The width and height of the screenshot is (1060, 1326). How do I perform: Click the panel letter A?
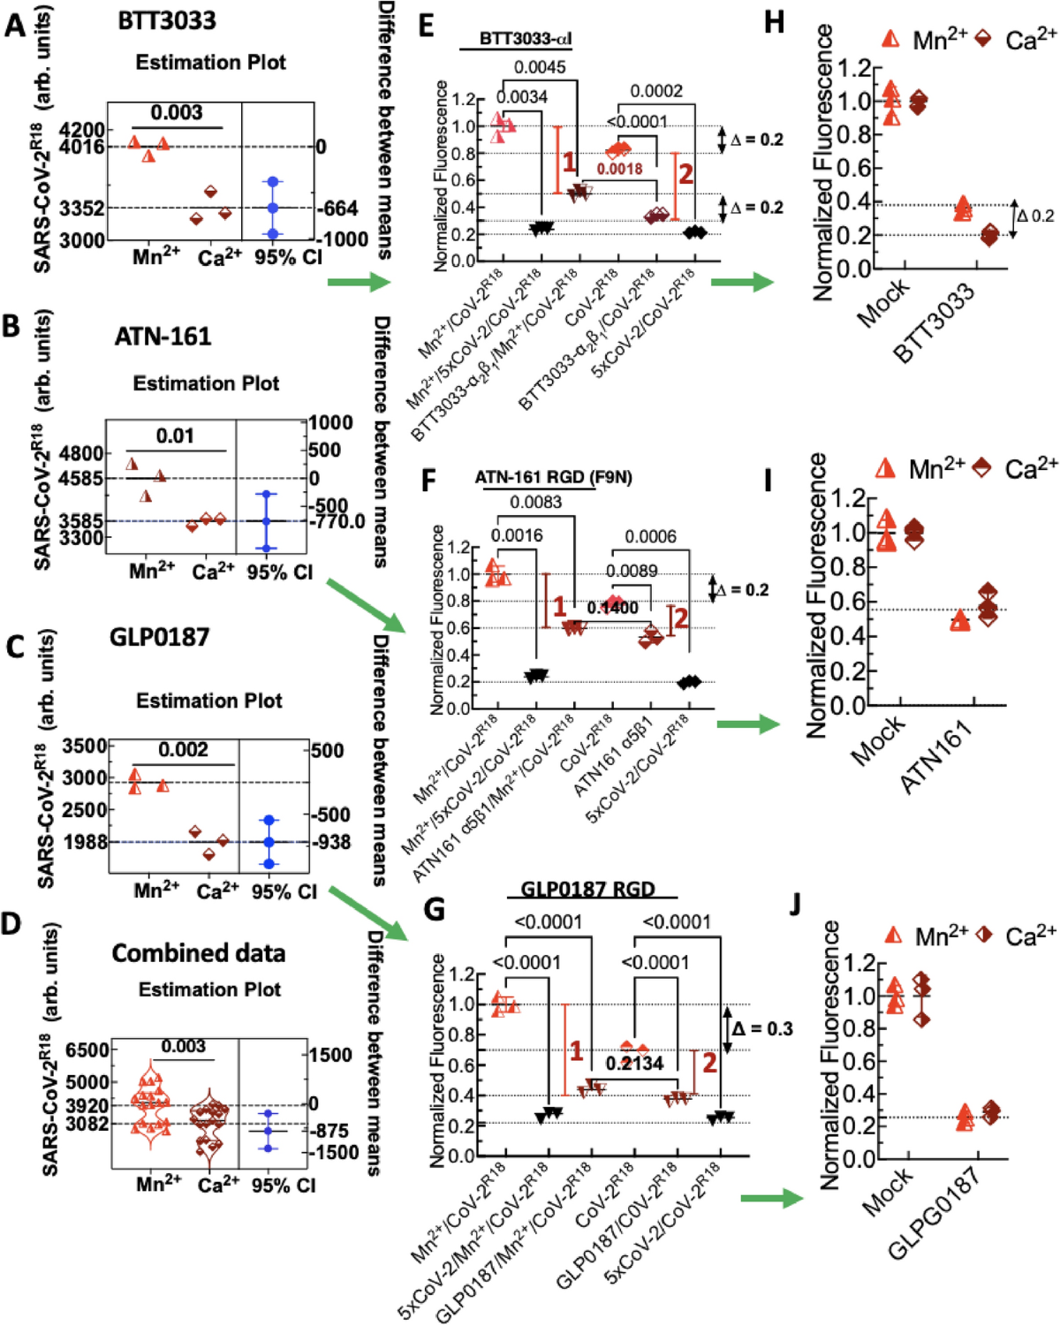pos(15,26)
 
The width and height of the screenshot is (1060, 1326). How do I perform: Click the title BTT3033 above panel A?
pos(167,20)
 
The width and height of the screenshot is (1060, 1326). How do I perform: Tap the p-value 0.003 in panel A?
pos(176,112)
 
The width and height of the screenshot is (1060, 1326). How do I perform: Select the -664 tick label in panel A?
pos(337,208)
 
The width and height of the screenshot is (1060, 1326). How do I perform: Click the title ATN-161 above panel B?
pos(163,337)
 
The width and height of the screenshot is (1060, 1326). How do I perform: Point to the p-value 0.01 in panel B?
pos(175,436)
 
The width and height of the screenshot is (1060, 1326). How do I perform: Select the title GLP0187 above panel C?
pos(159,637)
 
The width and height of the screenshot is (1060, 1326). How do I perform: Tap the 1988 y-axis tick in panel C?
pos(86,842)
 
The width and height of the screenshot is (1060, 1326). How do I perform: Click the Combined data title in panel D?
pos(199,953)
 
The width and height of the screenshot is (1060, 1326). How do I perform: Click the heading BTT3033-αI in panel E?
pos(526,38)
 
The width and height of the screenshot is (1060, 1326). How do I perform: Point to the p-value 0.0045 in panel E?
pos(540,67)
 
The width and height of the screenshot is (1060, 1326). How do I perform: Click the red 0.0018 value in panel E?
pos(619,169)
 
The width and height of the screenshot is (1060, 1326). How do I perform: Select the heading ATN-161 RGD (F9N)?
pos(553,477)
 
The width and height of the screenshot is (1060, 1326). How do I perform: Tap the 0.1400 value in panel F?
pos(612,608)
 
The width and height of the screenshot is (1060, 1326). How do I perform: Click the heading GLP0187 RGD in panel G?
pos(588,889)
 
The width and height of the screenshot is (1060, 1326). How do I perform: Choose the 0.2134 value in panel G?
pos(634,1063)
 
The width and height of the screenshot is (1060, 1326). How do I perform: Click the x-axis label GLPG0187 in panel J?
pos(934,1216)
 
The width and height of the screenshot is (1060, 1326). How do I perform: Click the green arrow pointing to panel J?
pos(771,1198)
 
